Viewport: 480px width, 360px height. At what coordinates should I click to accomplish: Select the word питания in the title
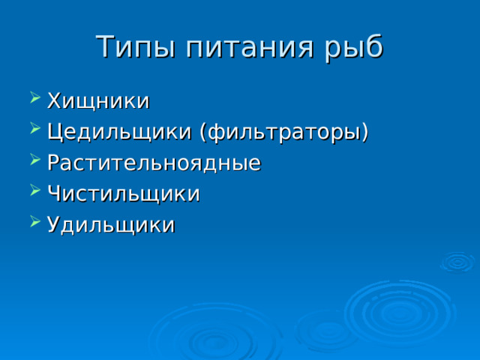point(238,46)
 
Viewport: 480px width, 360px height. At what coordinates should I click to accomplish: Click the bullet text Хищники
point(98,100)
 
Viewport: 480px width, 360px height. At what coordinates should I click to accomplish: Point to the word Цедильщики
point(120,132)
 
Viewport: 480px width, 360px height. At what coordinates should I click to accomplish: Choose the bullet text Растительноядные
point(154,163)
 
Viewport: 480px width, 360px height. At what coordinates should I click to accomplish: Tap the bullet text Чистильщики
point(123,193)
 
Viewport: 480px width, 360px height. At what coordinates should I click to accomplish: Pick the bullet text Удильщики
point(111,225)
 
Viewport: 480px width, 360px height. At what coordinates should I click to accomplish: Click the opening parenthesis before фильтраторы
point(203,133)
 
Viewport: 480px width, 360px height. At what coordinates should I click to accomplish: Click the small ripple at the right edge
point(457,262)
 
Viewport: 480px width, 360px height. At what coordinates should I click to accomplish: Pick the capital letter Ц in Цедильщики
point(54,132)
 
